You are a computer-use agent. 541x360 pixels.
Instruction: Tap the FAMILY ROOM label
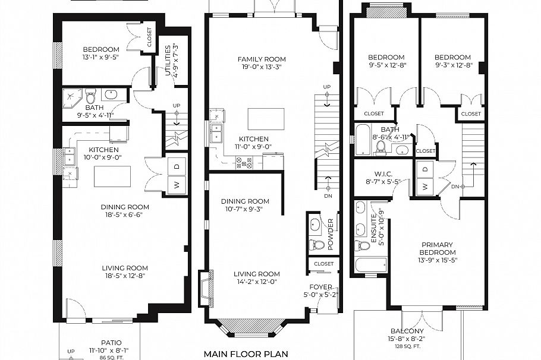[x=262, y=59]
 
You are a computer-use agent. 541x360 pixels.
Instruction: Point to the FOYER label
[x=320, y=287]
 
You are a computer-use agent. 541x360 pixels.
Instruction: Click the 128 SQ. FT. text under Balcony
[x=407, y=346]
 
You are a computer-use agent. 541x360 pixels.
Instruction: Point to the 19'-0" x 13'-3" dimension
[x=262, y=67]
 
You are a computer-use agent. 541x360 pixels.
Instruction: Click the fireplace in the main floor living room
[x=204, y=288]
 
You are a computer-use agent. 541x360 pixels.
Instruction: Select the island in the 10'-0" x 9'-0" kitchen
[x=112, y=176]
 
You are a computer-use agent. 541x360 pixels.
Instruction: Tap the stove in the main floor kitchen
[x=244, y=162]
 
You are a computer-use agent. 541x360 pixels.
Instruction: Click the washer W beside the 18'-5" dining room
[x=177, y=184]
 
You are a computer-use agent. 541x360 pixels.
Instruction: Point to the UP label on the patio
[x=71, y=351]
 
